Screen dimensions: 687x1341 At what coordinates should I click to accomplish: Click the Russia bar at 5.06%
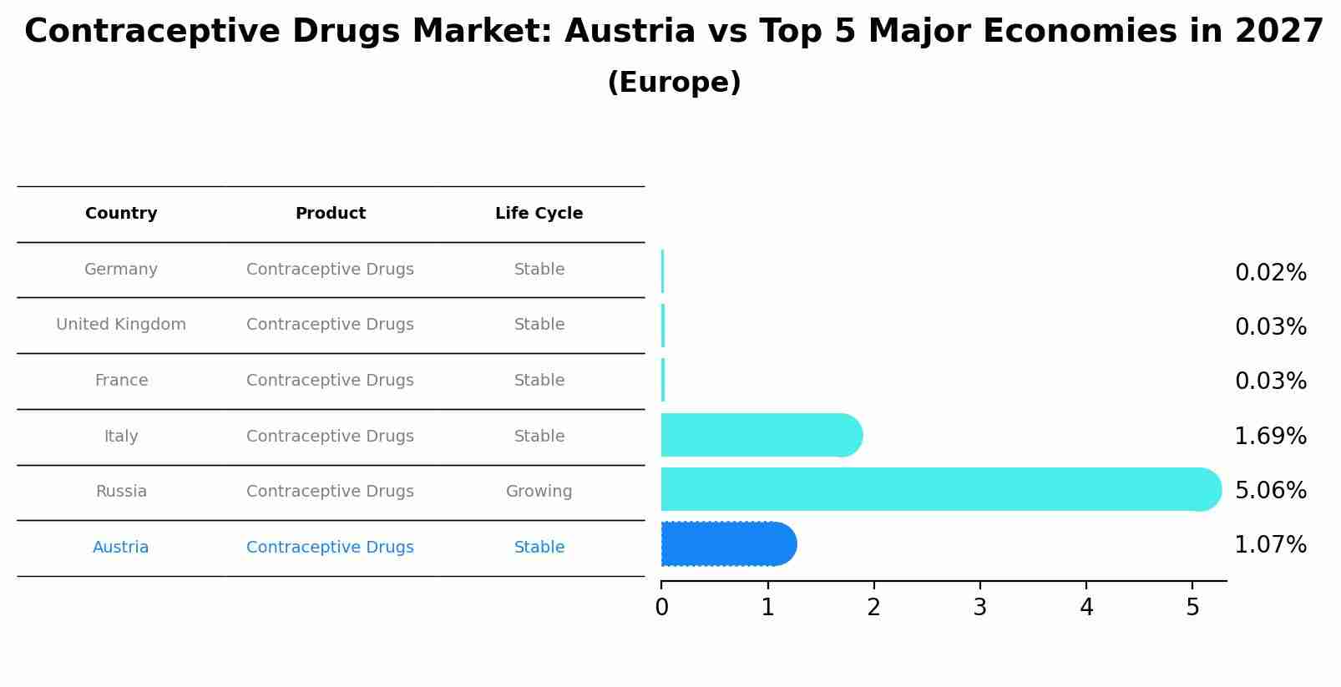tap(935, 489)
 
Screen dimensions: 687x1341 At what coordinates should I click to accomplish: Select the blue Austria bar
tap(726, 544)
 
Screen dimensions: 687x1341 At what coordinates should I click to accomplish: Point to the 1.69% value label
tap(1270, 437)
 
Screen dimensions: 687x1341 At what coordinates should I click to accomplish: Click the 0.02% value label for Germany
tap(1270, 273)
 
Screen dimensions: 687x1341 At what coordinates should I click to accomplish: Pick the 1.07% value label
tap(1270, 545)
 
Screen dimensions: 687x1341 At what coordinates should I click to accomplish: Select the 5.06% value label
tap(1270, 491)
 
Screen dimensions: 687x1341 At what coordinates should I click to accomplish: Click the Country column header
tap(121, 214)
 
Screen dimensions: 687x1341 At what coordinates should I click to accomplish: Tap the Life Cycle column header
tap(539, 214)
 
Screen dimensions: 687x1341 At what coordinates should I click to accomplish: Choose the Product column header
tap(331, 214)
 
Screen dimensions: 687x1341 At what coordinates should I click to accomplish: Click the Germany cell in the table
tap(121, 270)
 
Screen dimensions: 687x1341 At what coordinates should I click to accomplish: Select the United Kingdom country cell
tap(121, 325)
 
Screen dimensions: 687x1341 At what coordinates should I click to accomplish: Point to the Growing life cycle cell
tap(539, 492)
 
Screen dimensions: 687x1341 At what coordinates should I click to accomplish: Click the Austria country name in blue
tap(121, 548)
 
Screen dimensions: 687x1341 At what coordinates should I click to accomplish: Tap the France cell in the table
tap(121, 381)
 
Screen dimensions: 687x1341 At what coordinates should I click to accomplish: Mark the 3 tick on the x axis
tap(980, 607)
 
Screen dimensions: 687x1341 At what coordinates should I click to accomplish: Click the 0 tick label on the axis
tap(661, 607)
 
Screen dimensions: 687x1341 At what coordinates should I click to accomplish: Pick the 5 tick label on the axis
tap(1192, 607)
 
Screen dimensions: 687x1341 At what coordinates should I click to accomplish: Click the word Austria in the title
tap(630, 32)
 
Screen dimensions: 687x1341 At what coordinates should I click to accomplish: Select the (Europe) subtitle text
tap(674, 83)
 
